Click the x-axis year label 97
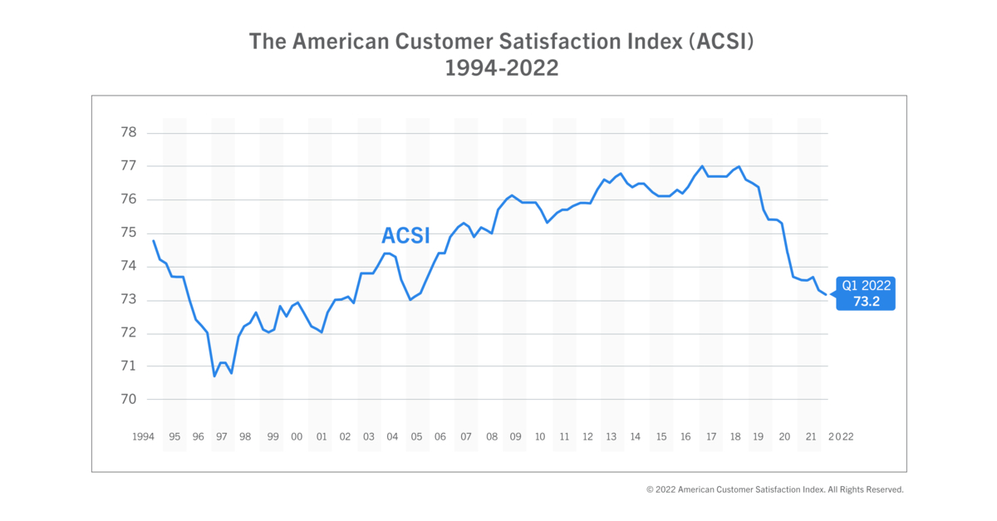[222, 436]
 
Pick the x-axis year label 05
[416, 436]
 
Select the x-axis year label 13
[611, 436]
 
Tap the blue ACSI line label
[405, 236]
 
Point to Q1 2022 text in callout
[867, 285]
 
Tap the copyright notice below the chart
[774, 489]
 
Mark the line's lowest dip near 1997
[214, 376]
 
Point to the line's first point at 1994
[154, 241]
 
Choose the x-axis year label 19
[758, 436]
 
